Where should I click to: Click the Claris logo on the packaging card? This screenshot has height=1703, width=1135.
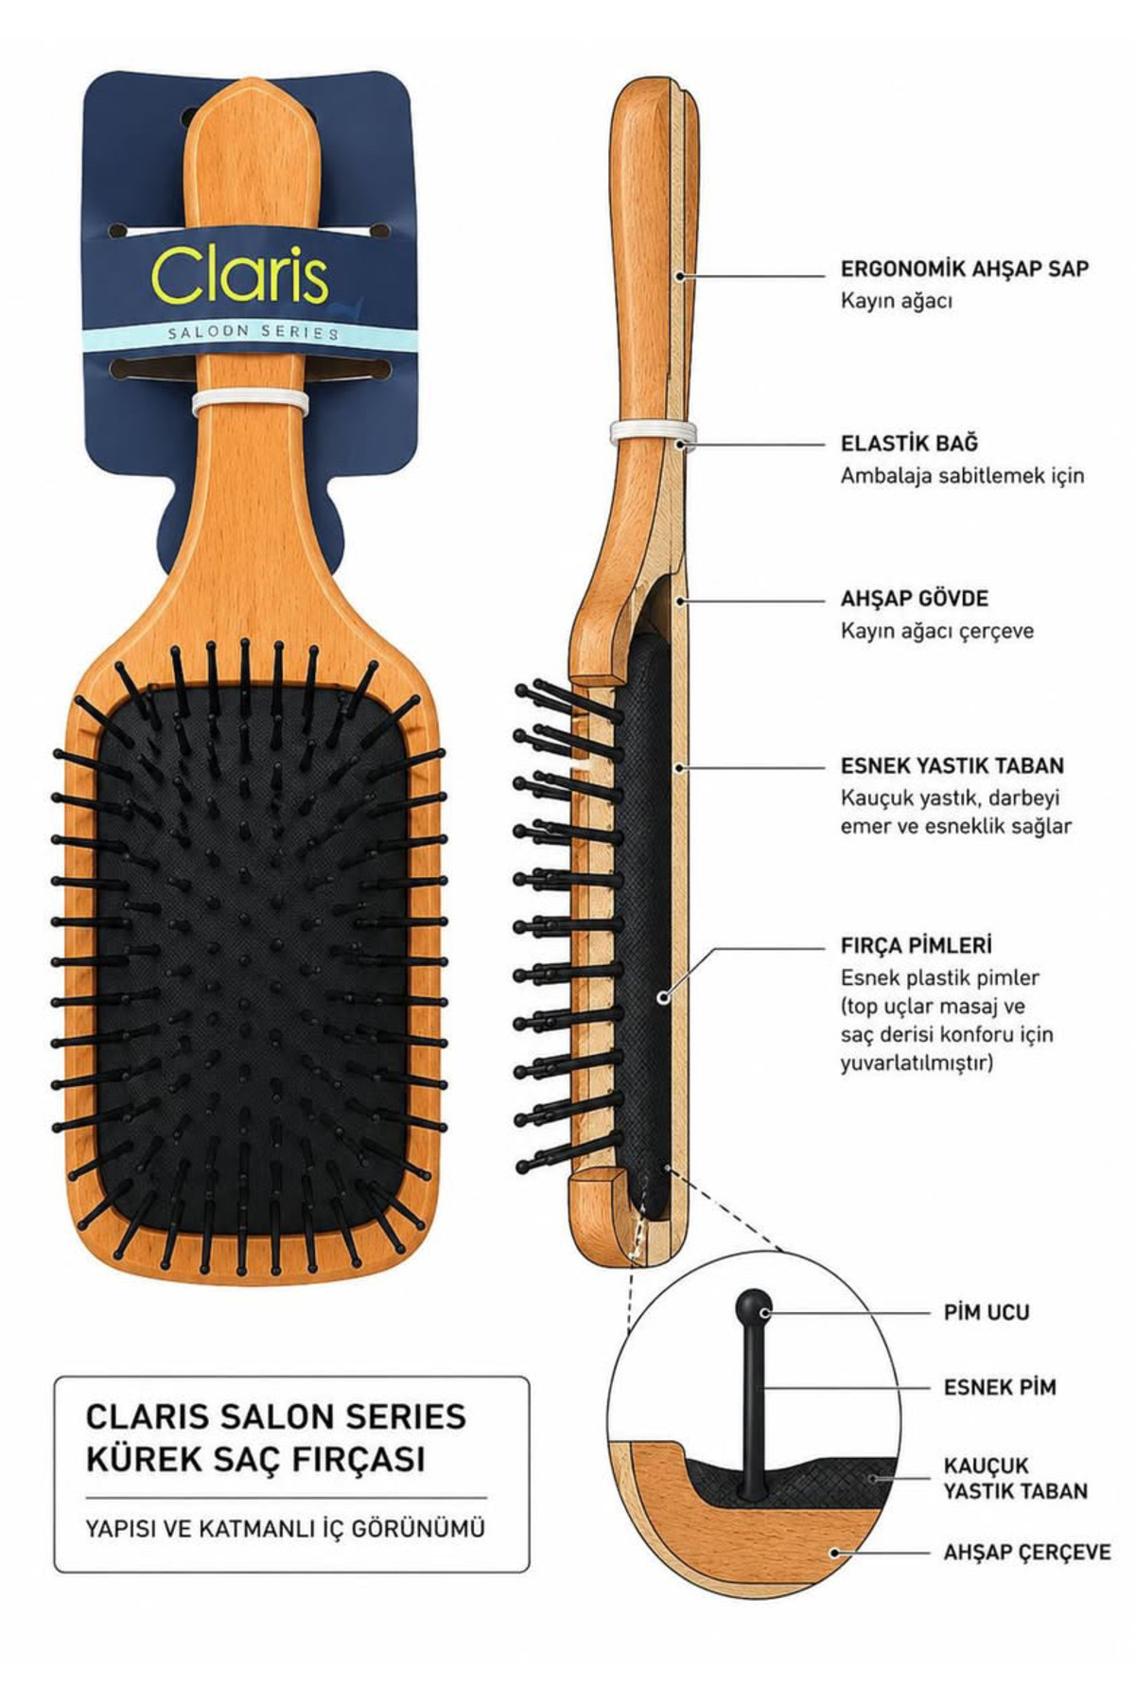pos(240,275)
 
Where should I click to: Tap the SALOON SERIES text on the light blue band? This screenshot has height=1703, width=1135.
pos(253,333)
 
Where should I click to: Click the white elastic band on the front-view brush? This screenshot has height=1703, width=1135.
pos(251,404)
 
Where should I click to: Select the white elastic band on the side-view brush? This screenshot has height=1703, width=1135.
pos(653,432)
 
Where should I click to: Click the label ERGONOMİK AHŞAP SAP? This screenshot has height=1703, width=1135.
pos(965,269)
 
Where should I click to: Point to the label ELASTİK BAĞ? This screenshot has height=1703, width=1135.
pos(910,443)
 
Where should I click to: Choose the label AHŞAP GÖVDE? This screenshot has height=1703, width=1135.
pos(915,599)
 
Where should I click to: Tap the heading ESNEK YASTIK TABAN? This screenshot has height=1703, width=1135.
pos(952,765)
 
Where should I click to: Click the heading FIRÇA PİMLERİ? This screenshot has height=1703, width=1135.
pos(917,945)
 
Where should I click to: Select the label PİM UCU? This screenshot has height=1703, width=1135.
pos(987,1313)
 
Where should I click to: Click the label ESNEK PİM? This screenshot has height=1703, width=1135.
pos(1000,1388)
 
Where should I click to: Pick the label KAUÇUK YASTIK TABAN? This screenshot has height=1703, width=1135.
pos(1016,1479)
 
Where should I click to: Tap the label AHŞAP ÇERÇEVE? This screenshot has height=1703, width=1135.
pos(1027,1553)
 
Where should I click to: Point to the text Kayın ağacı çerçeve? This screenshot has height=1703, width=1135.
pos(937,631)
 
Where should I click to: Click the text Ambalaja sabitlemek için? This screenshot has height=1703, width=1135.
pos(962,475)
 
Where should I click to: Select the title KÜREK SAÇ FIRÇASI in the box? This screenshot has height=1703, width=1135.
pos(255,1458)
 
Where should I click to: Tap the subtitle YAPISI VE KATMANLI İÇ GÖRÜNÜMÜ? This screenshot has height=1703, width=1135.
pos(285,1529)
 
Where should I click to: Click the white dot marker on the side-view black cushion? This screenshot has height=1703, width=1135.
pos(663,996)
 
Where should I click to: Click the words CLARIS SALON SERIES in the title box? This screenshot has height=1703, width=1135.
pos(276,1416)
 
